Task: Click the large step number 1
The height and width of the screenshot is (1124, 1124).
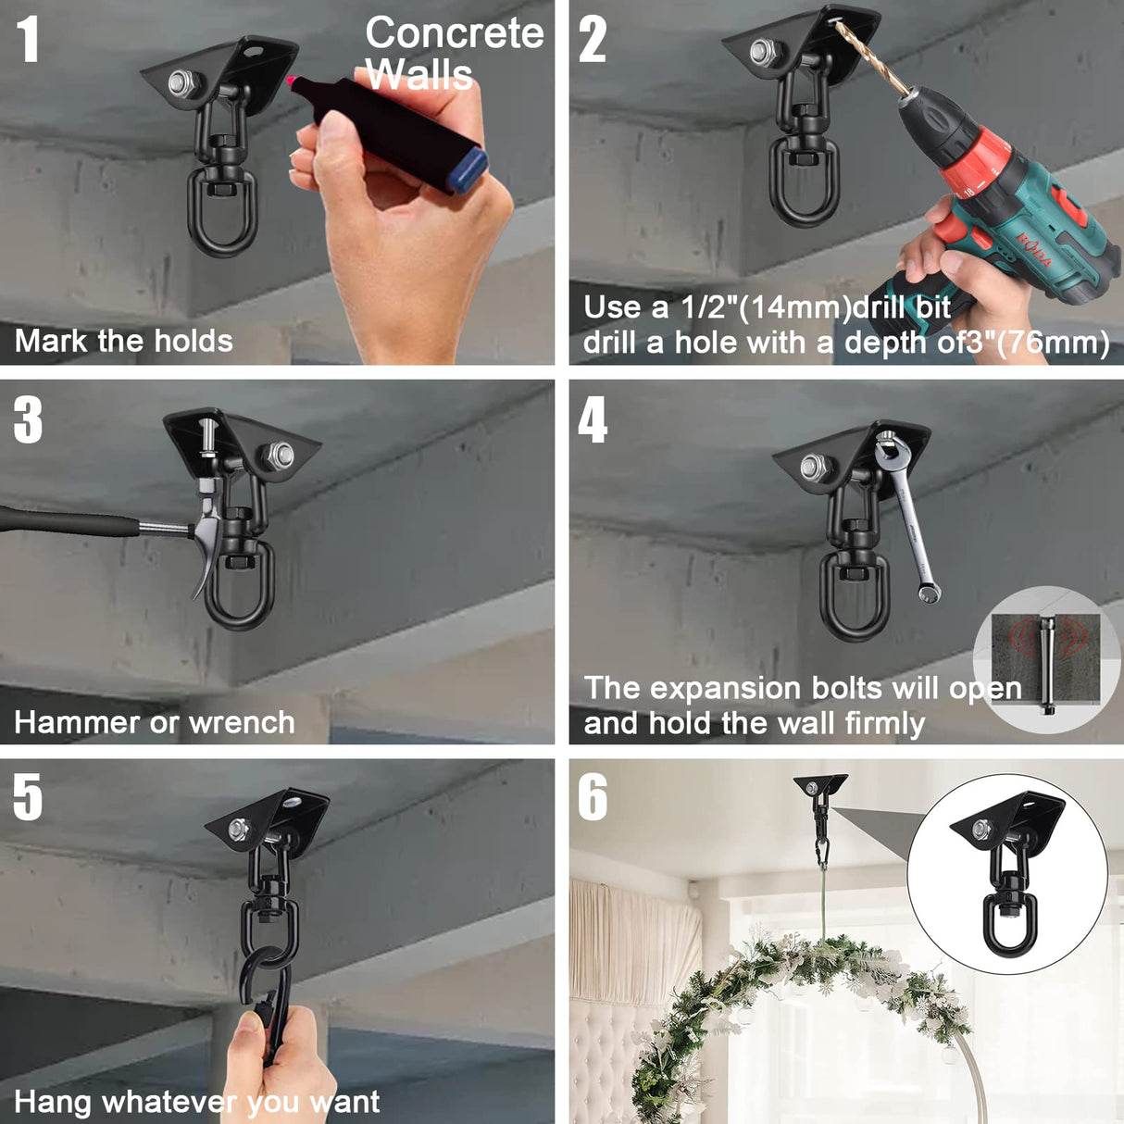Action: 28,41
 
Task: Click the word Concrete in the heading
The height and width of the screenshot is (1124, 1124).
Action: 454,33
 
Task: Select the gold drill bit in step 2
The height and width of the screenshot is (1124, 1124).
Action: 870,57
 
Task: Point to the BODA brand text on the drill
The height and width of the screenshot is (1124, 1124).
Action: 1035,251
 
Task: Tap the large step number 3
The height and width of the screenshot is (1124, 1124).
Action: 28,421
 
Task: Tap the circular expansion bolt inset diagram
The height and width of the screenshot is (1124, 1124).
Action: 1046,659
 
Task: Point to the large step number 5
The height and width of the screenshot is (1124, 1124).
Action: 28,797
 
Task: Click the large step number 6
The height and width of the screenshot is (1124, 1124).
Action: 593,797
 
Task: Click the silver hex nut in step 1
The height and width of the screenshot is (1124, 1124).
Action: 183,83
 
